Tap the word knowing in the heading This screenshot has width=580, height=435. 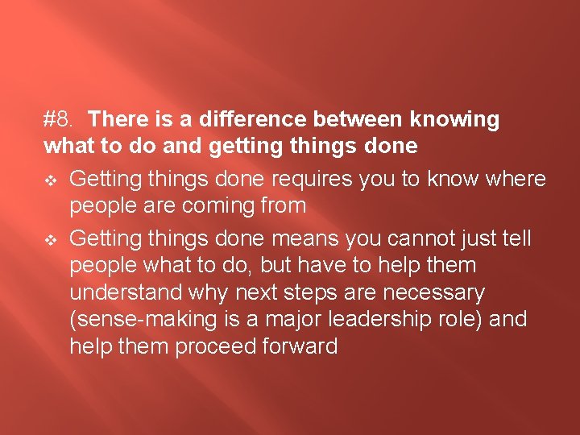(x=454, y=120)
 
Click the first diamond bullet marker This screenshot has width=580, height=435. (x=51, y=179)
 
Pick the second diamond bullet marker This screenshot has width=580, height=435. (x=51, y=238)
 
